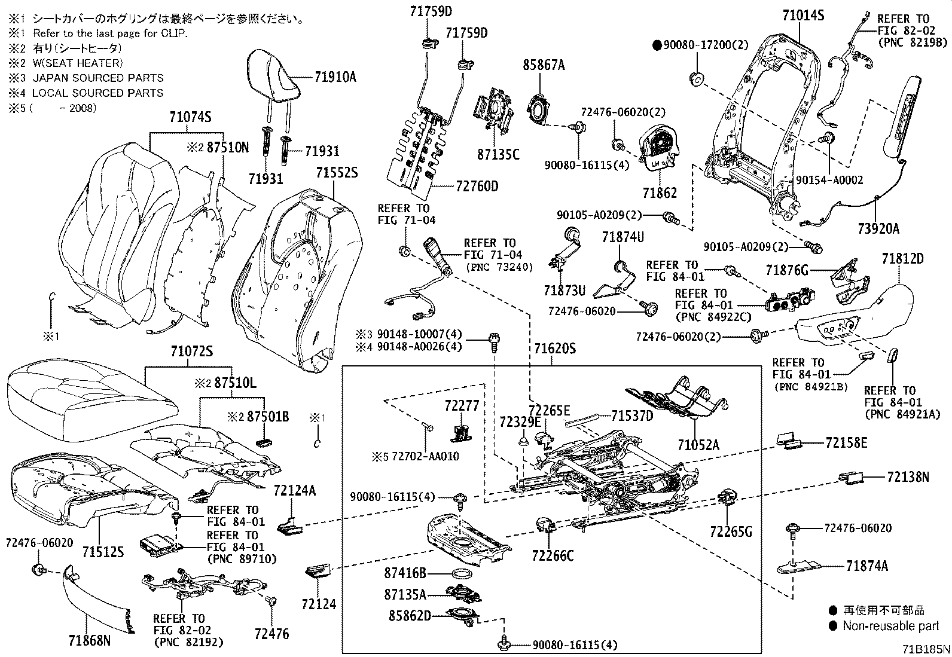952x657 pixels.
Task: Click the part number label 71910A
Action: click(x=335, y=77)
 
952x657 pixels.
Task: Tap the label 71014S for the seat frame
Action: click(x=803, y=16)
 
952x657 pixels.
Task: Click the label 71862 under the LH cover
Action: click(x=660, y=192)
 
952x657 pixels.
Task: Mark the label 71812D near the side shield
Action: click(x=902, y=259)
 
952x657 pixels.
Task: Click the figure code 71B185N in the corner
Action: click(x=926, y=649)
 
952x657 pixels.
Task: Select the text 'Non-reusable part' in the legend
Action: click(x=890, y=626)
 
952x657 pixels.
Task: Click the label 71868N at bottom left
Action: click(x=90, y=642)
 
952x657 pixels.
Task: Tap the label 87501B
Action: click(x=268, y=417)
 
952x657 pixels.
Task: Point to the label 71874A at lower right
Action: click(x=866, y=566)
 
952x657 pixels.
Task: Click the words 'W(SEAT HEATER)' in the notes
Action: click(x=78, y=63)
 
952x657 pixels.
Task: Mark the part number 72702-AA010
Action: click(x=425, y=456)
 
